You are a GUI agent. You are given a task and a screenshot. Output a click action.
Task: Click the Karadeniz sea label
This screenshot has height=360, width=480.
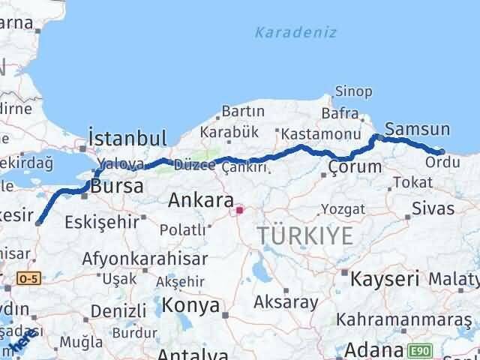[295, 33]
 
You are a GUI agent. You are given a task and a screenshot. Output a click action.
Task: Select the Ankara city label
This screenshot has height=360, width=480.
[200, 200]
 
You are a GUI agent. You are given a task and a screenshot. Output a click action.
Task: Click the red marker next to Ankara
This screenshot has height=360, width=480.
[239, 210]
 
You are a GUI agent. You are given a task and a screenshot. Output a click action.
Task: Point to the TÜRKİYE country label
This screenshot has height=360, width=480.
[304, 235]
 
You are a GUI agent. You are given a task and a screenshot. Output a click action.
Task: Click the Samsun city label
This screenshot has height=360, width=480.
[417, 130]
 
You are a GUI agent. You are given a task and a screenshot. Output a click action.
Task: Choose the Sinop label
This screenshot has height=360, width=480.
[353, 92]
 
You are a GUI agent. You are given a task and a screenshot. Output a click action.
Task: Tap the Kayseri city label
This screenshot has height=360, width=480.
[385, 280]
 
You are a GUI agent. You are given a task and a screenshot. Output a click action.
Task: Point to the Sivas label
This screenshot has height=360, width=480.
[433, 208]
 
